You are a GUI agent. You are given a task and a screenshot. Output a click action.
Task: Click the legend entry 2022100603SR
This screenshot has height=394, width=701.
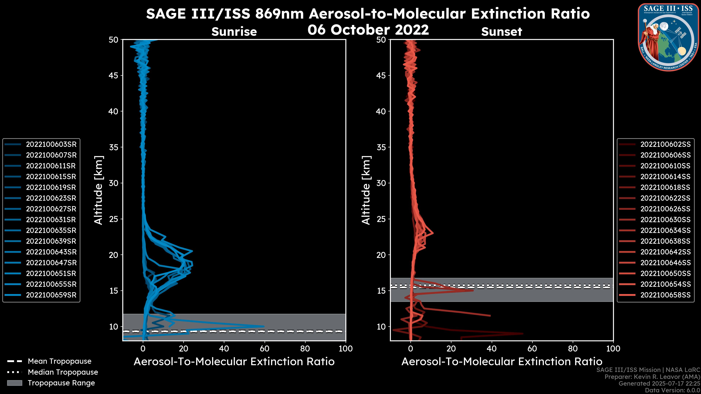click(51, 144)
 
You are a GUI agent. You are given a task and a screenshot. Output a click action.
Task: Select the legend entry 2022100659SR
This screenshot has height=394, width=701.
click(51, 295)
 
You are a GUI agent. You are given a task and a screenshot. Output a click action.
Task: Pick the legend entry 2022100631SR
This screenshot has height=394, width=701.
click(51, 220)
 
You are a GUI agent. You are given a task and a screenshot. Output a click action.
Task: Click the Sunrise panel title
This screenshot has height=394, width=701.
click(234, 32)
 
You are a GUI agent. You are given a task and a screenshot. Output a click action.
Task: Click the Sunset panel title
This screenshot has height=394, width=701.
click(501, 32)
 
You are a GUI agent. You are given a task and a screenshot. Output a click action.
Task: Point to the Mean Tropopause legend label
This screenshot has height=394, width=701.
click(60, 361)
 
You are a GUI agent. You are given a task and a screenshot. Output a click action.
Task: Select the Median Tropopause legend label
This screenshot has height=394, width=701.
click(63, 372)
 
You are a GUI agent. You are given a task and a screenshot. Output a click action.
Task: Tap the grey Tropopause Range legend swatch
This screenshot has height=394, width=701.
click(14, 383)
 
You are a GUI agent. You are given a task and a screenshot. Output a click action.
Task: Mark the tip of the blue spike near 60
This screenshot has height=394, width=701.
click(264, 326)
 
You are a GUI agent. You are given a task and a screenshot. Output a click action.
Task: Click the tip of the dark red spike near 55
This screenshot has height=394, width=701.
click(522, 334)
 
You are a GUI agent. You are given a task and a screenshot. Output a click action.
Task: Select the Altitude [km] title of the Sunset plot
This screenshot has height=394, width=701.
click(366, 190)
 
